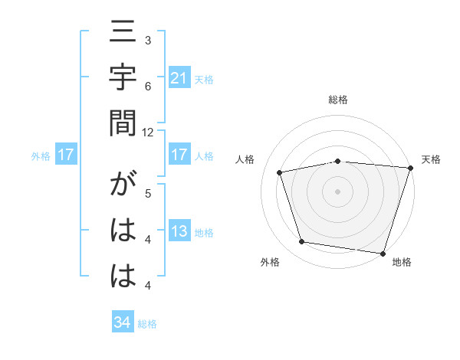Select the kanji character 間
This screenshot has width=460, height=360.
(123, 123)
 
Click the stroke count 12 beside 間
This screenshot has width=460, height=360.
(148, 132)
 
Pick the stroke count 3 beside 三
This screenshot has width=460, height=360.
(148, 40)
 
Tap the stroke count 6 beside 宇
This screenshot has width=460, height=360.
(148, 86)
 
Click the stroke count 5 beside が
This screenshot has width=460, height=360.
(148, 193)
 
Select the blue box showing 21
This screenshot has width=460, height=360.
(179, 77)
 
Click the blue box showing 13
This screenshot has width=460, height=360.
(179, 232)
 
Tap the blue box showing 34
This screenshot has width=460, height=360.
(122, 323)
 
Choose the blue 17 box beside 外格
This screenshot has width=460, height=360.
(66, 155)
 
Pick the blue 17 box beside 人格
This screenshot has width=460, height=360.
(179, 155)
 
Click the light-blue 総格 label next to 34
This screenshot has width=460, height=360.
(147, 324)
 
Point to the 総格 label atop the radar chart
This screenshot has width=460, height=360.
(338, 100)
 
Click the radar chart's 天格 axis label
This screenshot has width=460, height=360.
(431, 159)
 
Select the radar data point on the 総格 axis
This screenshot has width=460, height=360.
(338, 161)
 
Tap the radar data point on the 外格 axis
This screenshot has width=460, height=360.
(302, 242)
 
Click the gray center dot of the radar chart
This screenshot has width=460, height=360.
(338, 191)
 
